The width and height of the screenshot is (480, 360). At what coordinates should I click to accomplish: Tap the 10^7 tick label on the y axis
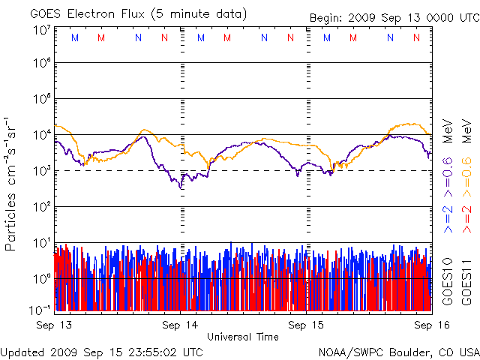point(41,30)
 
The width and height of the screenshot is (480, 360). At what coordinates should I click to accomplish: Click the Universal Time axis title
point(242,337)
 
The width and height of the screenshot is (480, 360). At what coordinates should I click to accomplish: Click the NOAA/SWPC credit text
point(352,352)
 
